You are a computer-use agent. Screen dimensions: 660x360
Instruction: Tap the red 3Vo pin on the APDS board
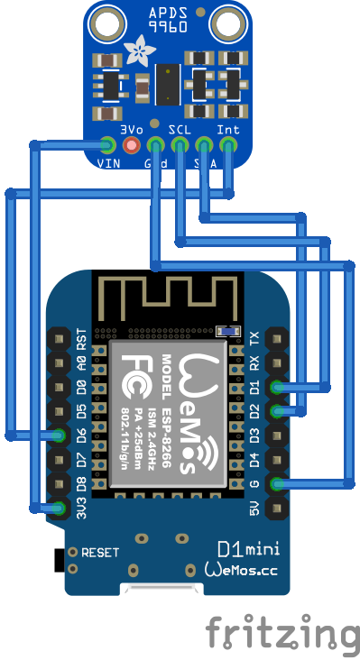coord(133,144)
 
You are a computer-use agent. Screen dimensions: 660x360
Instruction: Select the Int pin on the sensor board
coord(229,144)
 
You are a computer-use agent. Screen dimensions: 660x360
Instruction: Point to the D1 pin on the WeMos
coord(277,387)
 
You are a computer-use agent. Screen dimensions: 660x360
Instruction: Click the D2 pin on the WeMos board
coord(277,411)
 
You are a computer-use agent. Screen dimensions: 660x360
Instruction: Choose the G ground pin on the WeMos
coord(277,484)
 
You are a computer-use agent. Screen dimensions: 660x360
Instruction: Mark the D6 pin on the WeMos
coord(60,435)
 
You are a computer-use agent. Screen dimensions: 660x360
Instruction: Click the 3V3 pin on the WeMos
coord(60,509)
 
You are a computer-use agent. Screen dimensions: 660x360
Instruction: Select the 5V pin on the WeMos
coord(277,509)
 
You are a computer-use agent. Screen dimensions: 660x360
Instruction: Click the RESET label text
coord(100,552)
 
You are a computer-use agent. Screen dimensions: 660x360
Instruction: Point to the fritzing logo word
coord(281,632)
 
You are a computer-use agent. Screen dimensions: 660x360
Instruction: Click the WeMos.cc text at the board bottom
coord(249,570)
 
